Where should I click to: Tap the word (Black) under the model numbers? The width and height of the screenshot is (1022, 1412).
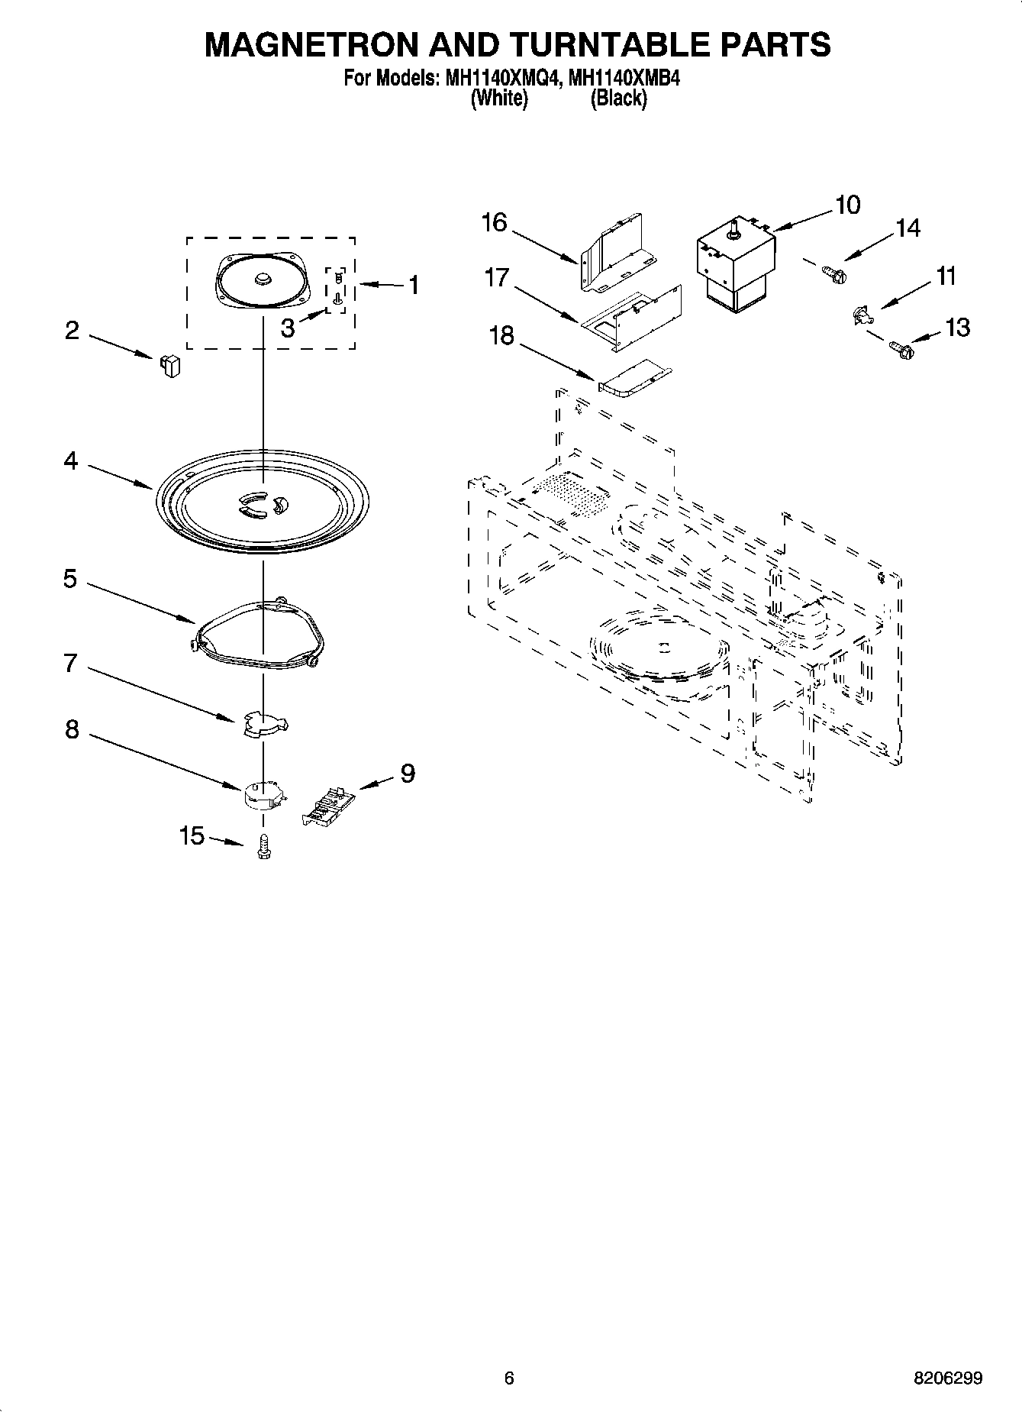click(x=618, y=99)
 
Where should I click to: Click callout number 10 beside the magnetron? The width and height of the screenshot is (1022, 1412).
click(x=847, y=205)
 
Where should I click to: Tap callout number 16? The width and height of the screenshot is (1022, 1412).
click(x=495, y=222)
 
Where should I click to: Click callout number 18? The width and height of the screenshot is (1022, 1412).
click(x=501, y=335)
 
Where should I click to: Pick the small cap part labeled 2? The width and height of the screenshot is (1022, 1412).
click(x=170, y=366)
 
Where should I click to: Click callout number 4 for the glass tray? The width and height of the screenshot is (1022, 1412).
click(x=71, y=460)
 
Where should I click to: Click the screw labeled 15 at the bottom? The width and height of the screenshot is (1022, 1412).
click(x=264, y=846)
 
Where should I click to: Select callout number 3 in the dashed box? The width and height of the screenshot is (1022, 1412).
click(x=287, y=328)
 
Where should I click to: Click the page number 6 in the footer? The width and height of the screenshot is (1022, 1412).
click(x=509, y=1378)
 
